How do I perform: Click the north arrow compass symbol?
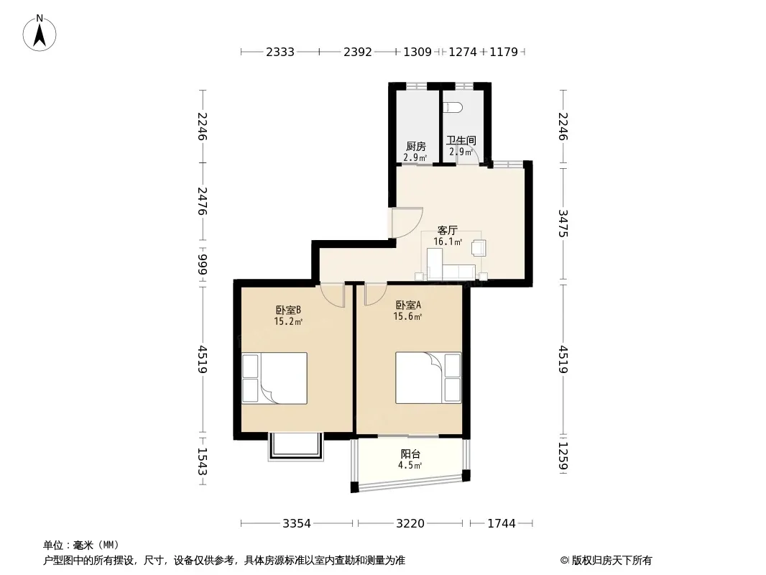point(40,32)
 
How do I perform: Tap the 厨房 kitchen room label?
point(416,146)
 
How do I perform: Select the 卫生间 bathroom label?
point(461,141)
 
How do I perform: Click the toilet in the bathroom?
point(453,108)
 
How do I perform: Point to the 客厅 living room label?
point(448,230)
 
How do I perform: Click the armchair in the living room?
point(479,248)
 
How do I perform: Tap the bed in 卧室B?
point(274,378)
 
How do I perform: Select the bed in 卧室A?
point(428,377)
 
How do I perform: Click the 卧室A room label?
point(408,305)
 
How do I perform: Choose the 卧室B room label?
point(287,310)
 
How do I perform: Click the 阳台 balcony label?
point(410,454)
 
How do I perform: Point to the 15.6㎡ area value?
point(408,316)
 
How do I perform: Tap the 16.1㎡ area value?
point(448,241)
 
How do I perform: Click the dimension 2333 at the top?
point(280,52)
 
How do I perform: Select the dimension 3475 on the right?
point(563,224)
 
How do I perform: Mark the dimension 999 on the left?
point(203,264)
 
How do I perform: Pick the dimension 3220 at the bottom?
point(410,524)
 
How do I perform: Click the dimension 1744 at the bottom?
point(502,524)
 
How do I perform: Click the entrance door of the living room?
point(407,222)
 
